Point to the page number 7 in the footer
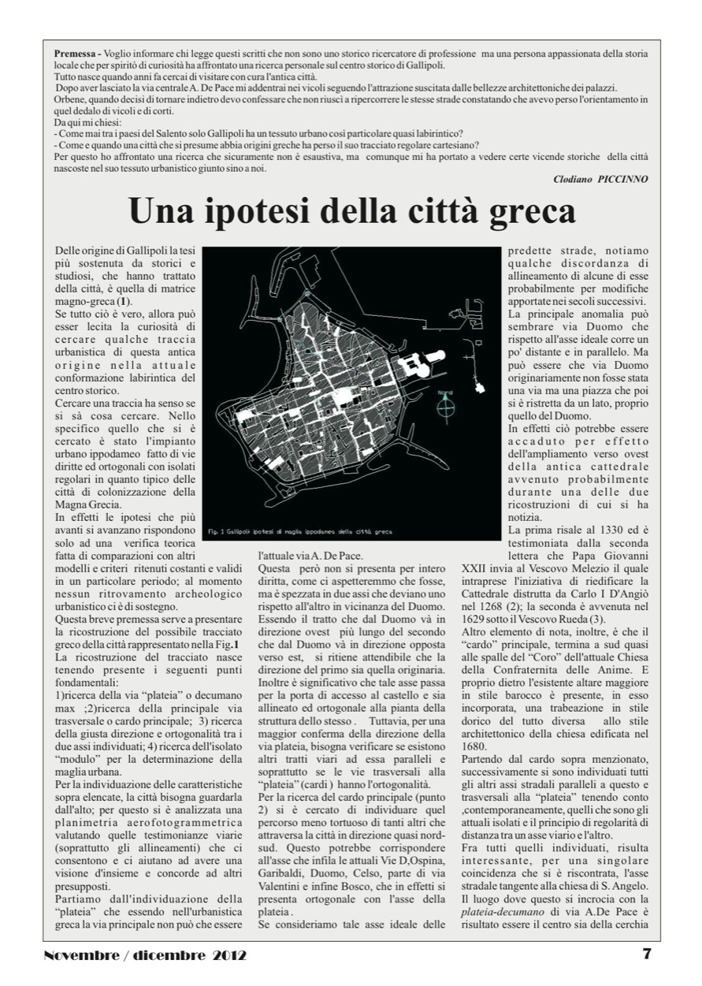pos(647,953)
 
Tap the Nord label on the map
pos(445,392)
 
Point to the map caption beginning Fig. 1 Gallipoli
pos(299,532)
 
